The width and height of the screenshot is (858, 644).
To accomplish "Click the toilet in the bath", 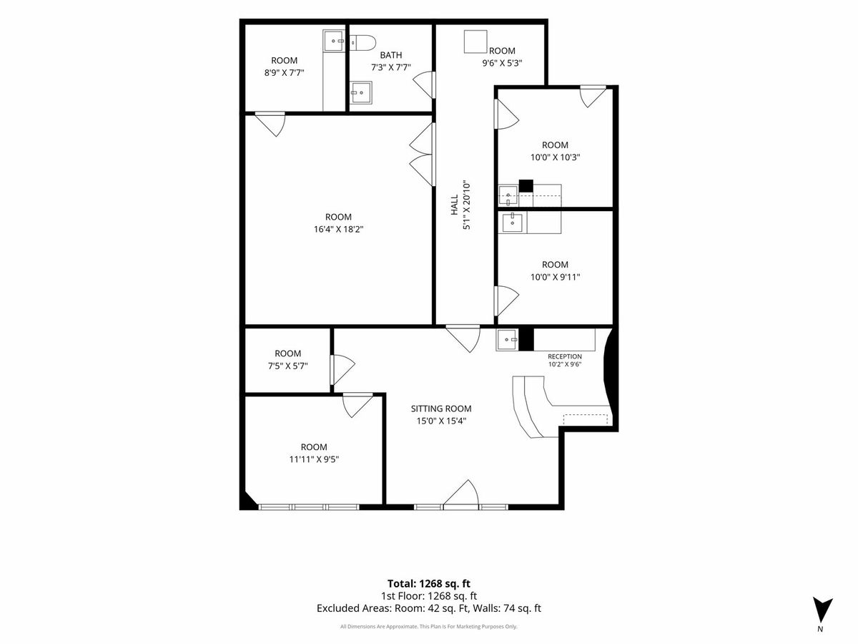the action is [363, 43].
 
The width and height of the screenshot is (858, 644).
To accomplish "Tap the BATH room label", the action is [391, 55].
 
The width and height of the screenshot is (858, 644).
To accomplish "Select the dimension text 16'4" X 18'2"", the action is [338, 229].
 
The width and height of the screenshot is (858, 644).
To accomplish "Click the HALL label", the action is [455, 205].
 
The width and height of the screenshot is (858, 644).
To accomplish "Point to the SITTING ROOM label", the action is [441, 409].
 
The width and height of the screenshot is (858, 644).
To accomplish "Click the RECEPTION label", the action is [564, 356].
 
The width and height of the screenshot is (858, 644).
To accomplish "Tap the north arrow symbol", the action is [823, 612].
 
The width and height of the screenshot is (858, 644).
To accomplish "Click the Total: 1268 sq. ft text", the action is [429, 584].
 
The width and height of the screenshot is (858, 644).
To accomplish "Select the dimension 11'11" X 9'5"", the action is [314, 459].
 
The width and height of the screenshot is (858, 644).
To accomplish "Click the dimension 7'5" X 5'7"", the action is [287, 366].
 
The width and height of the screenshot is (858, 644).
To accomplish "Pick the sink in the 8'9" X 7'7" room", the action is [335, 41].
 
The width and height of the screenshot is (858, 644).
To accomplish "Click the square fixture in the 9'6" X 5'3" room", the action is [475, 42].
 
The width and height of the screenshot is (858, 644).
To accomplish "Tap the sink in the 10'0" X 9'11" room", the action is [513, 223].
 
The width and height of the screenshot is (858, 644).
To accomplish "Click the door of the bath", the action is [424, 85].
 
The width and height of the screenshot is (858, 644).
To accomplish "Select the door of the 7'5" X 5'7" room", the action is [342, 369].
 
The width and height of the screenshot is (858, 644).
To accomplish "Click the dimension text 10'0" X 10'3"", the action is [555, 157].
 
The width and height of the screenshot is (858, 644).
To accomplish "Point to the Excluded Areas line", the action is [429, 608].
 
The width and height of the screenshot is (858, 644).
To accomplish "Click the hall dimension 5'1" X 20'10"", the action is [467, 205].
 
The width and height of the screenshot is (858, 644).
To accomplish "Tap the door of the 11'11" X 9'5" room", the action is [357, 406].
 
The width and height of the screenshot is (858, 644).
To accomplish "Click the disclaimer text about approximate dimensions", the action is [429, 626].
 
